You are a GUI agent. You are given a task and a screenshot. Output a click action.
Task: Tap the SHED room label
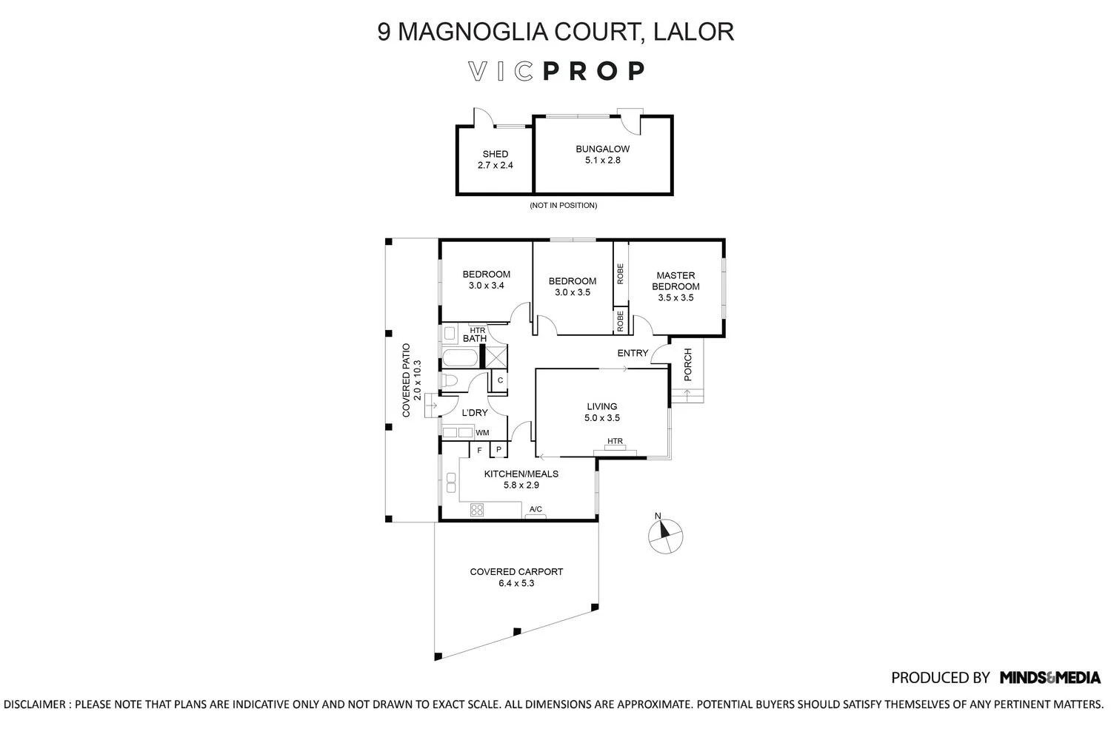tap(496, 155)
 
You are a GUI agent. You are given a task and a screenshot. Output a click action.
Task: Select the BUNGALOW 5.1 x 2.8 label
tap(603, 154)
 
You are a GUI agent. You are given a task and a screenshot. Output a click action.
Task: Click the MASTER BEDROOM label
tap(675, 280)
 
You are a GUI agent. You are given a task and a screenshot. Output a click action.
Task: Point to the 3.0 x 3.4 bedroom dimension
tap(487, 286)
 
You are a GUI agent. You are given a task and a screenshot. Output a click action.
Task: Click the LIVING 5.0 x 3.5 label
tap(602, 412)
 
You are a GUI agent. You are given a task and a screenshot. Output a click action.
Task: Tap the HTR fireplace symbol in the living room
tap(615, 447)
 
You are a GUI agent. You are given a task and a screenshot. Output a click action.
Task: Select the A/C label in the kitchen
tap(536, 509)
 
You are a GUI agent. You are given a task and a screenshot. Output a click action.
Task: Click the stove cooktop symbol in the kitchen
tap(477, 509)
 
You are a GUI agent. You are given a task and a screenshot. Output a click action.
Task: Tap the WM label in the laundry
tap(482, 433)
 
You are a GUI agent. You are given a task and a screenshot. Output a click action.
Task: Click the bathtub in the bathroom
tap(461, 360)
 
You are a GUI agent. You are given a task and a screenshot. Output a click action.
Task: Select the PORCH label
tap(687, 364)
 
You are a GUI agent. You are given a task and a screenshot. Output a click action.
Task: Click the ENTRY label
tap(633, 354)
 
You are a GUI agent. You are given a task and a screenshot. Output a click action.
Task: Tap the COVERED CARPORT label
tap(516, 576)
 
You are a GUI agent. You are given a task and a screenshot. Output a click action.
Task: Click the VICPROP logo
tap(556, 71)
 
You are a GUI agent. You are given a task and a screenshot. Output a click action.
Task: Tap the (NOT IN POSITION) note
tap(563, 205)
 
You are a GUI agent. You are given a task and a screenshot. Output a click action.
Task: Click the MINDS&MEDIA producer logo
tap(1050, 677)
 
